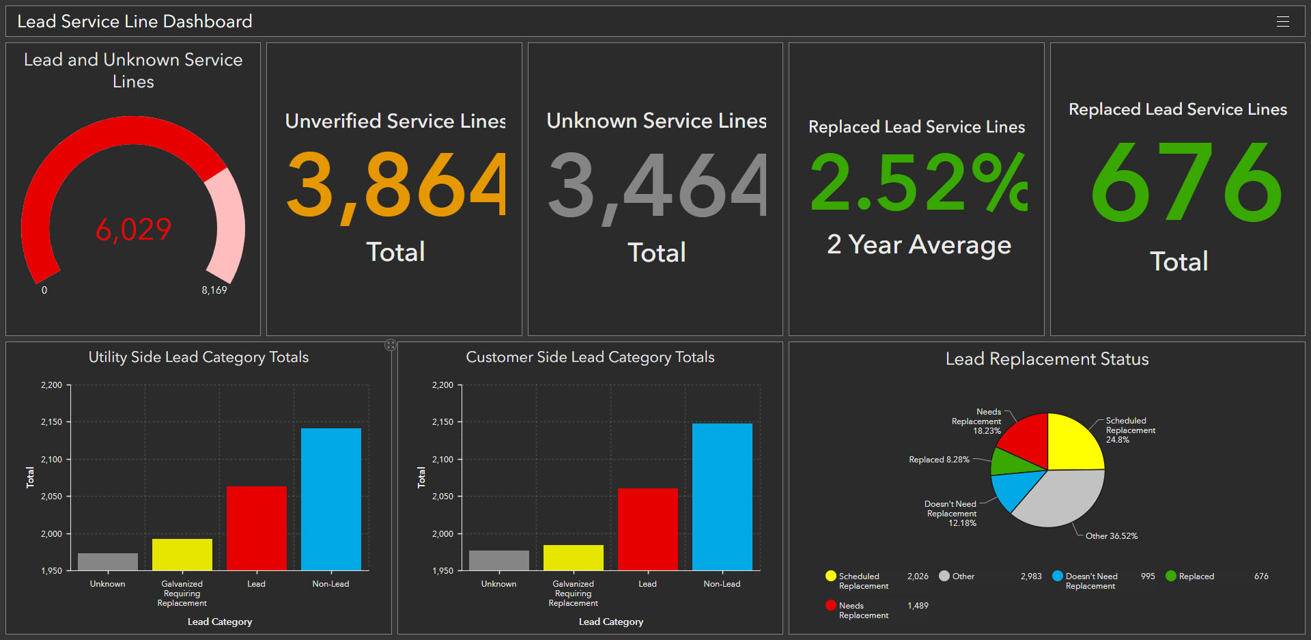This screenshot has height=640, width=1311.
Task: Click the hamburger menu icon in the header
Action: [1282, 22]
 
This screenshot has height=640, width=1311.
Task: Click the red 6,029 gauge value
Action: [133, 229]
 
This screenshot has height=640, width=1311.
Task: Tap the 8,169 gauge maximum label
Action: [214, 290]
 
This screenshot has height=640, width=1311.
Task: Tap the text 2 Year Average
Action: [918, 245]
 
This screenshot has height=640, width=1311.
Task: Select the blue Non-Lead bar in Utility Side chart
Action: [330, 499]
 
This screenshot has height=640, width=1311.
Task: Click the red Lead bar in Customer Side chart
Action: [647, 529]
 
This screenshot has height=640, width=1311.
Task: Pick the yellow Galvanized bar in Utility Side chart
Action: [182, 555]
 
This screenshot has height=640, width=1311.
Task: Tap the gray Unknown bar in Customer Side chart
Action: [498, 560]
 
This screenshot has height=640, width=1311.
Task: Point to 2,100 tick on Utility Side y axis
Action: [52, 460]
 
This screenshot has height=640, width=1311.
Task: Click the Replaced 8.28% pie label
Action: [939, 460]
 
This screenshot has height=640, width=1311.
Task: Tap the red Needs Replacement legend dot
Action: [830, 605]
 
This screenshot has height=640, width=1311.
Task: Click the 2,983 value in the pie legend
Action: [1030, 576]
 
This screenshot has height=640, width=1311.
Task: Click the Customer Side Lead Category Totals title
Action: [590, 357]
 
